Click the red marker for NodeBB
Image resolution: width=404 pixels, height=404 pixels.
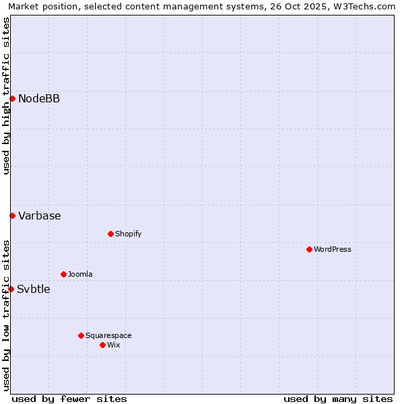(x=12, y=99)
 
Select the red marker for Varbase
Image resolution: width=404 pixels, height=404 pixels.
(x=12, y=215)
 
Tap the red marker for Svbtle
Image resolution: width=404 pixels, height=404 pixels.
(x=11, y=289)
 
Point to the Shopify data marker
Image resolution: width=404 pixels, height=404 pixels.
(x=110, y=234)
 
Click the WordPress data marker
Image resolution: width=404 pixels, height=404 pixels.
(x=309, y=249)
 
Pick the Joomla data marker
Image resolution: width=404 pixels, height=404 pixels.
(x=63, y=274)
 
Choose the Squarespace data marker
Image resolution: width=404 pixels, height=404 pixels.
(x=81, y=335)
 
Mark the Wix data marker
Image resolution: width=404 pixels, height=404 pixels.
(x=102, y=345)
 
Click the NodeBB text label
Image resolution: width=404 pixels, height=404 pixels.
(x=39, y=99)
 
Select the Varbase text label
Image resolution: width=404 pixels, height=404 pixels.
(x=40, y=216)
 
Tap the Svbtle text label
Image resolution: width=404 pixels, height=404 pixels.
(x=34, y=290)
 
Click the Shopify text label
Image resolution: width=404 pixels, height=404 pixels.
(x=128, y=234)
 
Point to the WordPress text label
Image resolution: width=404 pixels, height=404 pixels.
(x=333, y=250)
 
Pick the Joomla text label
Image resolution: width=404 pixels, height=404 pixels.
(x=80, y=275)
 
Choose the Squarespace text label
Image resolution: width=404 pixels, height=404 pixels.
(x=108, y=336)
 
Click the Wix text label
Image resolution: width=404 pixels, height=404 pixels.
(x=114, y=345)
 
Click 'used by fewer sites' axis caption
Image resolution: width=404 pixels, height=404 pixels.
(x=69, y=399)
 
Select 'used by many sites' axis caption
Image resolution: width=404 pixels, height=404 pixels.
(x=338, y=399)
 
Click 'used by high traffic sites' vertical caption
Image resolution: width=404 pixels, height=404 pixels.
(x=6, y=96)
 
